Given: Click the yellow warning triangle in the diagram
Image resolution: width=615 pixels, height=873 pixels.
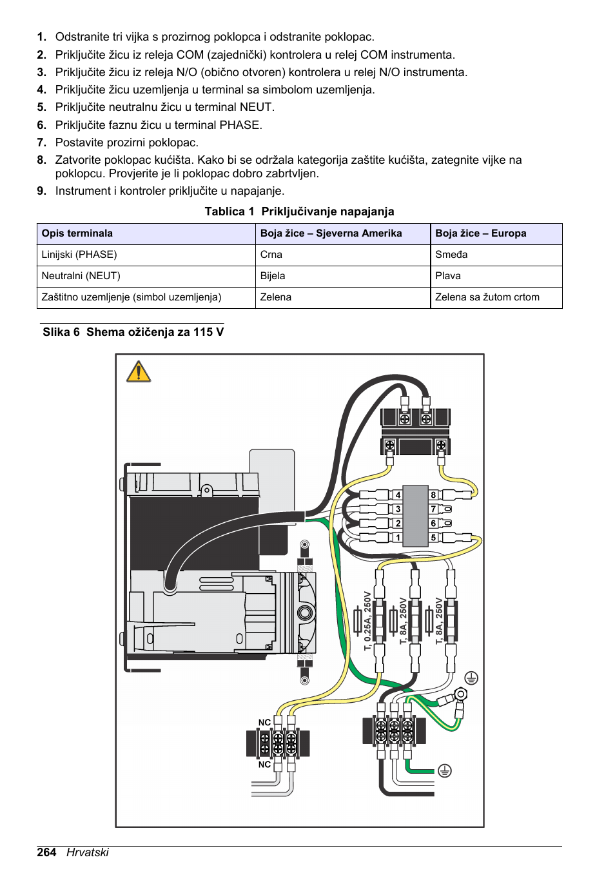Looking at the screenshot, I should (x=139, y=372).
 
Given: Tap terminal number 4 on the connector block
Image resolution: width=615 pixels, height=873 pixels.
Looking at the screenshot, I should (x=398, y=495).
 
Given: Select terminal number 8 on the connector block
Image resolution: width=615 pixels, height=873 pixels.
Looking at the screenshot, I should (x=433, y=495).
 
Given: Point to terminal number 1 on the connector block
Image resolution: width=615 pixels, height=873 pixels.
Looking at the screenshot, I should (x=398, y=538).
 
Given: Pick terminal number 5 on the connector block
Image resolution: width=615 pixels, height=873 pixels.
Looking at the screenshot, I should (x=433, y=538).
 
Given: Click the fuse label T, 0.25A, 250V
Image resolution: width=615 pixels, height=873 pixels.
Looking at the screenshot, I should (x=367, y=620).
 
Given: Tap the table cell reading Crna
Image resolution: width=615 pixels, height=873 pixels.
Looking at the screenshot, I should (x=271, y=255).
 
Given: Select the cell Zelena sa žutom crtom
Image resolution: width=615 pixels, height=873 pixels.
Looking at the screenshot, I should (x=487, y=297).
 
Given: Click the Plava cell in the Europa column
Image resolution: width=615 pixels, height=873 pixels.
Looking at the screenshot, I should (x=448, y=276).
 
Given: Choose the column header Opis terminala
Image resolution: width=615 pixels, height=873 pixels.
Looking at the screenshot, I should (x=77, y=233).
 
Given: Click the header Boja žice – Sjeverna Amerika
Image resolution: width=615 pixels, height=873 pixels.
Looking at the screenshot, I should (x=331, y=233).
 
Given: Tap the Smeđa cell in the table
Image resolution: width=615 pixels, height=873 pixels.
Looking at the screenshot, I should (x=451, y=255).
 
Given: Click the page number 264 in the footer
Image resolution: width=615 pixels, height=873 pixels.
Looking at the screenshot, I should (x=46, y=852).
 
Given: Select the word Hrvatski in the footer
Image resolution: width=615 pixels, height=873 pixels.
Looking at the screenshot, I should (x=88, y=852).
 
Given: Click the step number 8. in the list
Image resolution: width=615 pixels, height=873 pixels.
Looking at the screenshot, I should (x=42, y=160).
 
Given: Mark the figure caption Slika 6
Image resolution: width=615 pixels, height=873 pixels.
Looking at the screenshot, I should (x=61, y=332).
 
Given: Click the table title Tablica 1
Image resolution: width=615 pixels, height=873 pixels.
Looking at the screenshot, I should (x=229, y=211).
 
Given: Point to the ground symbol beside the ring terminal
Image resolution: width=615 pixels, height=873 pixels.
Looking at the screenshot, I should (x=471, y=678).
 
